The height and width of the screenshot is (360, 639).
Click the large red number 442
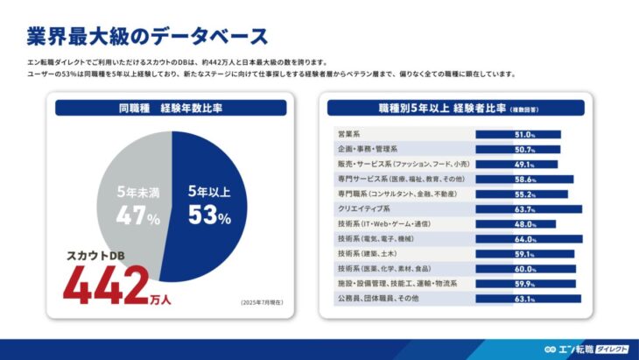click(x=105, y=286)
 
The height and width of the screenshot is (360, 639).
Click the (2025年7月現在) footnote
click(x=262, y=303)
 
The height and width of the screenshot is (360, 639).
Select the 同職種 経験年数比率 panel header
click(x=171, y=109)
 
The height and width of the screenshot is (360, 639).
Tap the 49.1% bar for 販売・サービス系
click(x=516, y=164)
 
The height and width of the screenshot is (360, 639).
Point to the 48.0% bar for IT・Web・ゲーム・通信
click(x=516, y=224)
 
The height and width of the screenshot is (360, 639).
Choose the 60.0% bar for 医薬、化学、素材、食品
click(x=525, y=269)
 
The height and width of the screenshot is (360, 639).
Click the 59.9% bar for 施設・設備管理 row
click(x=525, y=284)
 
